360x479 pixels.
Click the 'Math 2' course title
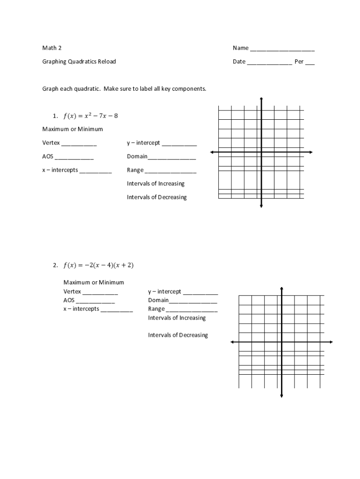coord(52,48)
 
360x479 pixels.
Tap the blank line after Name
coord(282,49)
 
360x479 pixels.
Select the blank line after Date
coord(269,63)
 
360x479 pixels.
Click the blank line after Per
coord(310,63)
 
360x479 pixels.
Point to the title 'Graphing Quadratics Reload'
coord(79,61)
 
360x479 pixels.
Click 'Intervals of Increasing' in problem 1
coord(156,183)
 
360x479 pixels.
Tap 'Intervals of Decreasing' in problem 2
coord(178,335)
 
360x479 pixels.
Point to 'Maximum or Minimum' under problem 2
coord(94,282)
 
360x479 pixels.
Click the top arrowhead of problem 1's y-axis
coord(261,99)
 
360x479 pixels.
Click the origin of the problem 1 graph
coord(261,152)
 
